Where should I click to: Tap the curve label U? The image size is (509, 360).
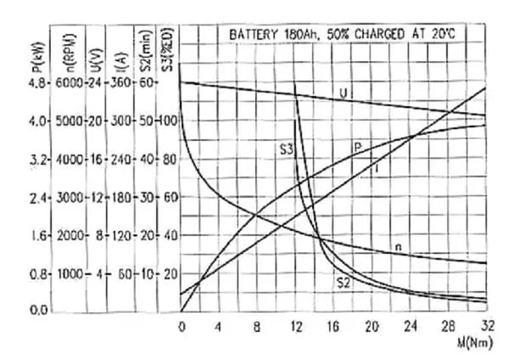tap(344, 92)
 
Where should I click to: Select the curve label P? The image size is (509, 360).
tap(357, 147)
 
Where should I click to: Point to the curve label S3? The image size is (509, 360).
tap(286, 150)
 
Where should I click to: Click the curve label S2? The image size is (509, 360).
tap(344, 281)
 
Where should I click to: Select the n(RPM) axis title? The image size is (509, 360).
tap(62, 53)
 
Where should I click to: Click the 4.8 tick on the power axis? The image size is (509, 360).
tap(14, 83)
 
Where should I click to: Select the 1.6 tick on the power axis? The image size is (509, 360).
tap(14, 236)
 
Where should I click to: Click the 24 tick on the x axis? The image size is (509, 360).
tap(413, 326)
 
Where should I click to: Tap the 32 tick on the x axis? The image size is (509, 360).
tap(486, 326)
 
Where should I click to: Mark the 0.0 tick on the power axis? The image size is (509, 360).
tap(14, 311)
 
